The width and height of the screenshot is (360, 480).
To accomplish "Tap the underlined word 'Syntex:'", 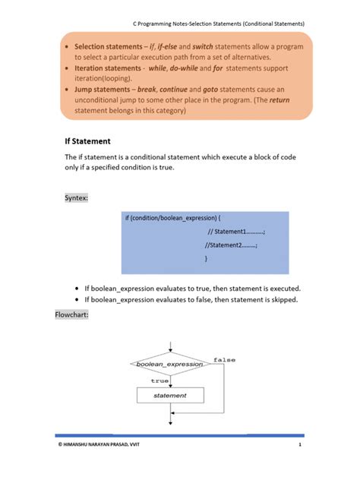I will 77,197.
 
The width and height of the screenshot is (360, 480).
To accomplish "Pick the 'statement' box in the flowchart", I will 170,396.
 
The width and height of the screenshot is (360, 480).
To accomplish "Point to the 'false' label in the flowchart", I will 224,359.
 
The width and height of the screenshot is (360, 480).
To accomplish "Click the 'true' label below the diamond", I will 160,381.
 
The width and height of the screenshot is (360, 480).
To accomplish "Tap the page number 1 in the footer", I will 300,465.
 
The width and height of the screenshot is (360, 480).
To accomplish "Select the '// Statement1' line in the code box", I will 236,232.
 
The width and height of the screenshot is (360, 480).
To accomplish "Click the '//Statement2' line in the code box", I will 232,245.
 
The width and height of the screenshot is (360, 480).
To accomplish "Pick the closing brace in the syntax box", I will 206,259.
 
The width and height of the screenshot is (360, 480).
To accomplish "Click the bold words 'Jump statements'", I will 98,89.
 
